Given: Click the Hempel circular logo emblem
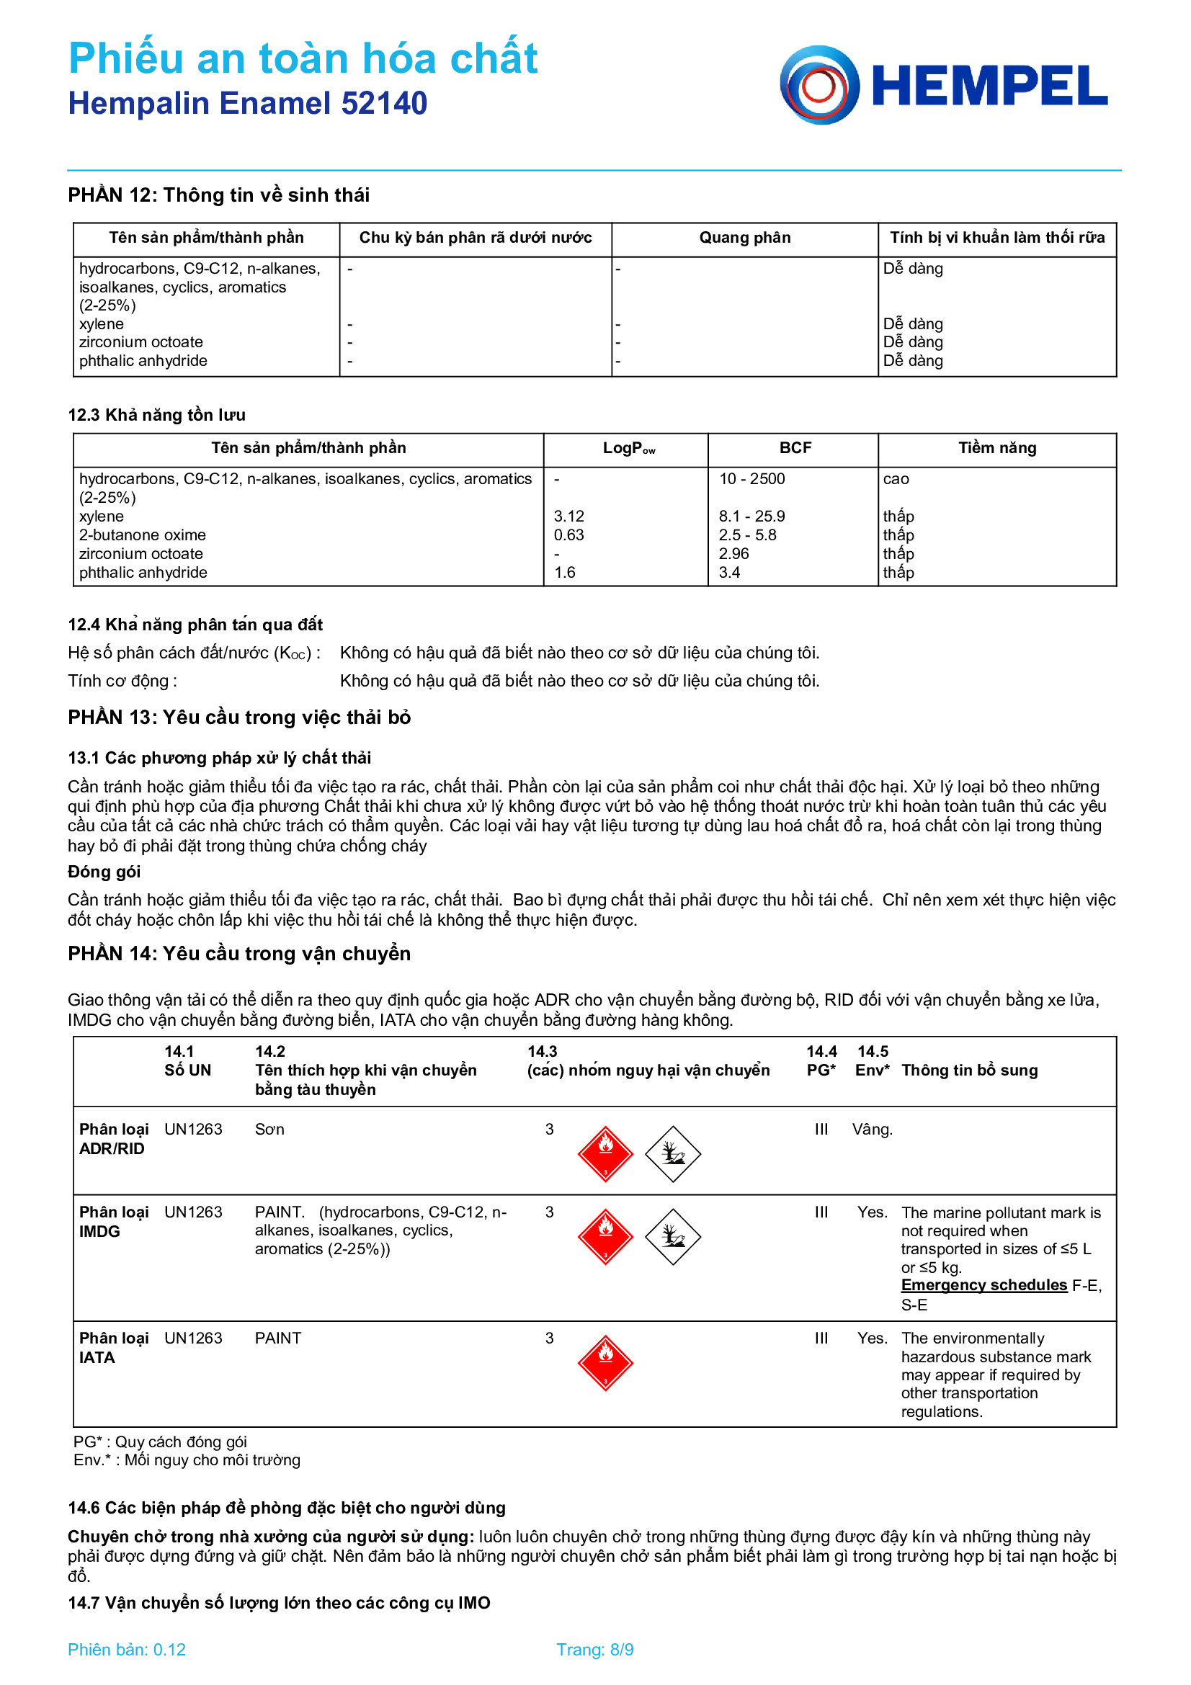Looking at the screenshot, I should (819, 85).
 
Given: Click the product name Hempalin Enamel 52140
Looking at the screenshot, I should (247, 104).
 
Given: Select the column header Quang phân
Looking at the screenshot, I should (744, 238).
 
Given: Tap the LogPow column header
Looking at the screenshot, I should (628, 448).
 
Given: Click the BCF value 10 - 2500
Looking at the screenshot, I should (751, 479).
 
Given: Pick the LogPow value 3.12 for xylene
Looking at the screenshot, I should (568, 517).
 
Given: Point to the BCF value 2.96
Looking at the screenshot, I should (733, 554).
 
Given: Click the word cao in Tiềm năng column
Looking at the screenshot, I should (896, 479).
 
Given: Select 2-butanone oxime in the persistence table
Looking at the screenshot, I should (143, 535).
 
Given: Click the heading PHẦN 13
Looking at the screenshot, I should (238, 717).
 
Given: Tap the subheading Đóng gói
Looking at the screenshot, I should (104, 872).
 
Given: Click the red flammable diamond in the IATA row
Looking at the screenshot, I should (605, 1363).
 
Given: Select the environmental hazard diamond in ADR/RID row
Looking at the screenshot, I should (672, 1153).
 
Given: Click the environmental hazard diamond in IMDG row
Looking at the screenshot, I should (672, 1237).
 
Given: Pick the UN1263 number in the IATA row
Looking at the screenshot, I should (193, 1338).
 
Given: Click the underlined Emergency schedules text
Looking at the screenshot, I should (983, 1285).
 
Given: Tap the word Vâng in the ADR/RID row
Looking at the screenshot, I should (872, 1130).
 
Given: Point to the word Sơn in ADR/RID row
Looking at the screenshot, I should (269, 1130).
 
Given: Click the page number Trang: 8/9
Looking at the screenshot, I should (594, 1650).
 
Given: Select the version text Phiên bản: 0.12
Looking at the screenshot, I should (126, 1650).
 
